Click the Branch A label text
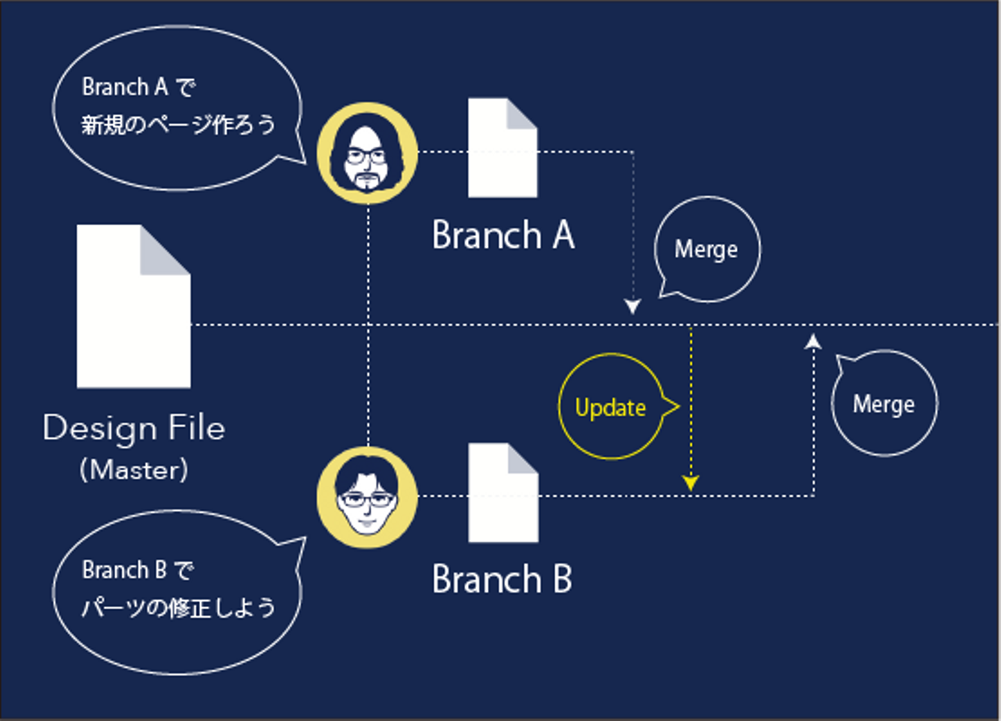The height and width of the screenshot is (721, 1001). [x=503, y=235]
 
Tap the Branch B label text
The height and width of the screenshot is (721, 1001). [x=502, y=579]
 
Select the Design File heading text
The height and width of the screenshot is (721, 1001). [x=134, y=428]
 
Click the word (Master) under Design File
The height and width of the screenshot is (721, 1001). [x=133, y=470]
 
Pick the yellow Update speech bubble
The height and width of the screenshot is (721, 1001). [x=611, y=407]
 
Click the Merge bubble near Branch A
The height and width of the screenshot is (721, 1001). [x=706, y=249]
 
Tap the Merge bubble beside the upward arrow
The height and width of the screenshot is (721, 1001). [x=884, y=404]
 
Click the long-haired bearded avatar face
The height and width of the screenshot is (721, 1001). [x=367, y=154]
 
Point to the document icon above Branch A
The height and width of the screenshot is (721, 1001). [x=502, y=147]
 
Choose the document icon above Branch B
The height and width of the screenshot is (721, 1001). [x=503, y=492]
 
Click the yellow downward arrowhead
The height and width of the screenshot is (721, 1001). [x=690, y=483]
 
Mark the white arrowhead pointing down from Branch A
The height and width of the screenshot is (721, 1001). [x=633, y=306]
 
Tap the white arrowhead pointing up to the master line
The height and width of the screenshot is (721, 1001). [x=813, y=341]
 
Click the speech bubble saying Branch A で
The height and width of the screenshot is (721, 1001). [x=177, y=108]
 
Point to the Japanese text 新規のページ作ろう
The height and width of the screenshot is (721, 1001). [x=178, y=125]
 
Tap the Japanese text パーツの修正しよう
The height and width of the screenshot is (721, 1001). [x=178, y=608]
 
